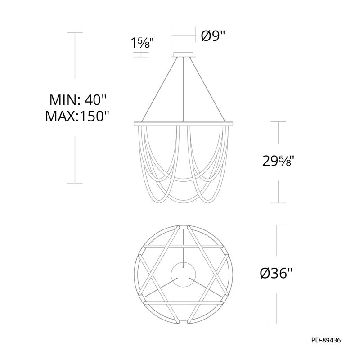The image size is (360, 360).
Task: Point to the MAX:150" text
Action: coord(78,117)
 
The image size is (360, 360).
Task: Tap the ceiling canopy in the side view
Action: coord(183,55)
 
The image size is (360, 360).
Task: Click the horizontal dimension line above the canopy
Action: coord(183,34)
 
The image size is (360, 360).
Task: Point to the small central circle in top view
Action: coord(183,274)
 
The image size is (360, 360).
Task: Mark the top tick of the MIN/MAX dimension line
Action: coord(75,32)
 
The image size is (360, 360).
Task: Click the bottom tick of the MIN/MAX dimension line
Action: coord(75,183)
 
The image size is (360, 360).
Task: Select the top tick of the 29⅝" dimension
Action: coord(279,121)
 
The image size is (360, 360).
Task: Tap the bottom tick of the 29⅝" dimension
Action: coord(279,203)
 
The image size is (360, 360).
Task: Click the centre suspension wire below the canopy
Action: coord(183,90)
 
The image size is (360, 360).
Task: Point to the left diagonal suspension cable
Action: coord(160,90)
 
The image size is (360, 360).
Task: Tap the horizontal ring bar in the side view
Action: coord(183,122)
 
